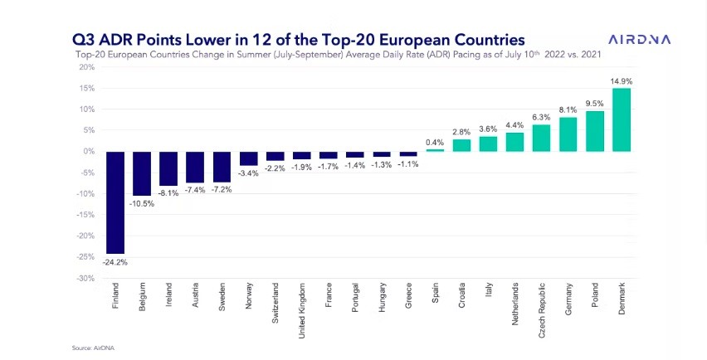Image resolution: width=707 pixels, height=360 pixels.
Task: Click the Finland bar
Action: click(x=115, y=202)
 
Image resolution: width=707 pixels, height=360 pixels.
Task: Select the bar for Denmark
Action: click(x=622, y=119)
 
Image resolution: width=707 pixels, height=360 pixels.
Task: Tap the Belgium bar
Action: click(x=142, y=173)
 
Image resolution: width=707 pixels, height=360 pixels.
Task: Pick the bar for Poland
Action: click(x=595, y=131)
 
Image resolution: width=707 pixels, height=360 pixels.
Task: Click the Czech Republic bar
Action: click(x=542, y=138)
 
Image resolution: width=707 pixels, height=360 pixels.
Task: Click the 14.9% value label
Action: click(x=622, y=81)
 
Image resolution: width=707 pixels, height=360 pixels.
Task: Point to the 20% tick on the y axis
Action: click(x=85, y=66)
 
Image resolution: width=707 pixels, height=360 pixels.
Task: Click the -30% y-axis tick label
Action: click(x=85, y=278)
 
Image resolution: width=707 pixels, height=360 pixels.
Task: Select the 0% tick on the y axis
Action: click(x=88, y=151)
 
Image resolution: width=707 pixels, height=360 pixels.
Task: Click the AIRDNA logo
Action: click(x=640, y=39)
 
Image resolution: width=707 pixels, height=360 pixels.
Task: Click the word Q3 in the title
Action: click(x=85, y=39)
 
